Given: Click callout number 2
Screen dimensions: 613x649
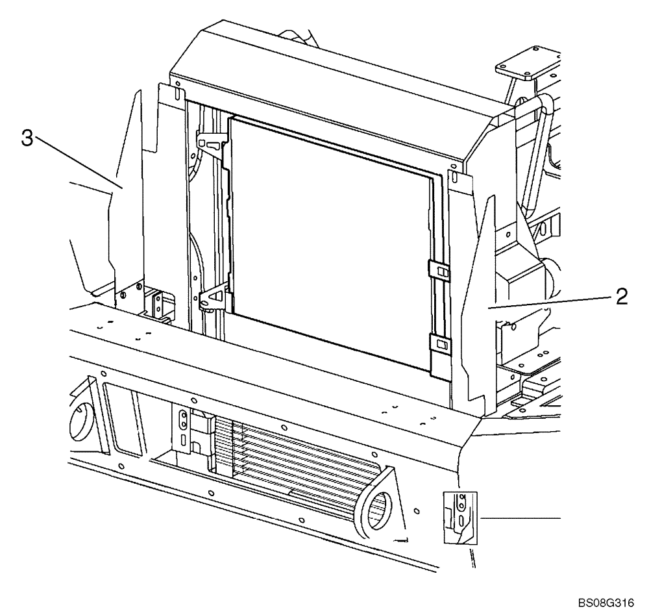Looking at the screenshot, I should click(x=621, y=297).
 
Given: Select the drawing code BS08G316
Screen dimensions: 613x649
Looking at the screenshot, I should click(x=606, y=601).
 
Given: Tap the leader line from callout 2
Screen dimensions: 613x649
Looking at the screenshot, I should click(x=552, y=302).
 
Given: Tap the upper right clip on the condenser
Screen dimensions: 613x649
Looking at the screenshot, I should click(x=439, y=269).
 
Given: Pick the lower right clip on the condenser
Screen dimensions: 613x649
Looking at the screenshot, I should click(x=441, y=342).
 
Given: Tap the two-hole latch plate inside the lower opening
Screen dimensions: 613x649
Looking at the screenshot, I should click(x=184, y=423).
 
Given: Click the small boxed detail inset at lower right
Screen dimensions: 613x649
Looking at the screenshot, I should click(x=459, y=516).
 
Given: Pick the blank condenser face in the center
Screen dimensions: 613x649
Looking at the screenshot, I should click(x=331, y=240).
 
